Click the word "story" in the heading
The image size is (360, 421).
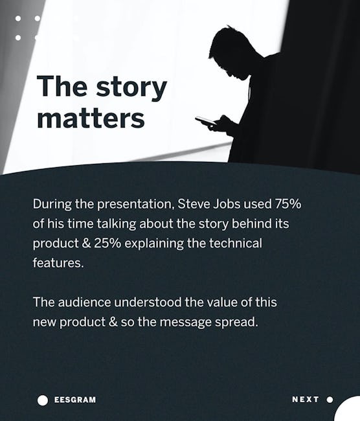[x=131, y=87]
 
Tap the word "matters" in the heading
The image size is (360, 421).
[x=91, y=119]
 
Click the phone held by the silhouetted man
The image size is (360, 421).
[x=205, y=120]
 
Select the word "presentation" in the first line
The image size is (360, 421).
[x=134, y=205]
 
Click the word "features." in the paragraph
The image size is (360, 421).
[x=58, y=262]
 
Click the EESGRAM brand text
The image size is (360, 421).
[x=75, y=400]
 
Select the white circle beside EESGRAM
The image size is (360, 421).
[x=43, y=400]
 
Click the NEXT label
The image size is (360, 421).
[x=305, y=400]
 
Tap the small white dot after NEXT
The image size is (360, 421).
[x=330, y=400]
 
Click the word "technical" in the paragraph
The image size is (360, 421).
[x=236, y=243]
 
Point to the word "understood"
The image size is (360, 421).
[x=148, y=302]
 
